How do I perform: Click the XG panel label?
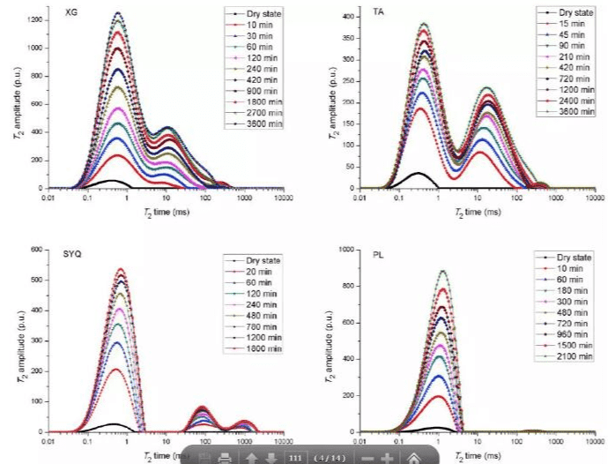[70, 15]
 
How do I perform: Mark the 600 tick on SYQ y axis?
[37, 250]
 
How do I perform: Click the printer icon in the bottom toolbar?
[225, 457]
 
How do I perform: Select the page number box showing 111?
[295, 457]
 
